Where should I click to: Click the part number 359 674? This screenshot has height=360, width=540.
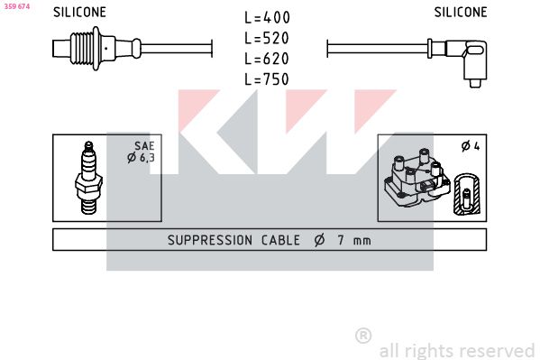(17, 6)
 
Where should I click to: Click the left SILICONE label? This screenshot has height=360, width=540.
(79, 13)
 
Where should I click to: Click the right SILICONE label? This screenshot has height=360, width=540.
(461, 13)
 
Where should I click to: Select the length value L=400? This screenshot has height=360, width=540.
(267, 17)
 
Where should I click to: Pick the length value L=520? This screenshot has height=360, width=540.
(267, 38)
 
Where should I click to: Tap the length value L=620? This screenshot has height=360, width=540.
(267, 59)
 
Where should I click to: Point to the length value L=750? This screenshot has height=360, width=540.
(267, 79)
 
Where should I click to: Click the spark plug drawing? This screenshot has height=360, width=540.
(88, 178)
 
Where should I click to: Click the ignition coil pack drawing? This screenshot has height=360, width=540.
(417, 178)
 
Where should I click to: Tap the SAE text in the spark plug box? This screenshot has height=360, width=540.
(144, 146)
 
